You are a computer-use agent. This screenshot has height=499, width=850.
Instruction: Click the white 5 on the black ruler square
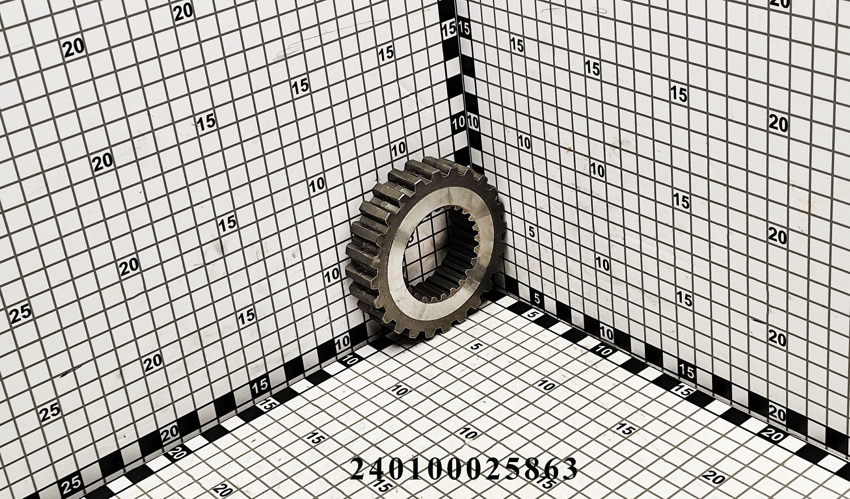click(x=537, y=298)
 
